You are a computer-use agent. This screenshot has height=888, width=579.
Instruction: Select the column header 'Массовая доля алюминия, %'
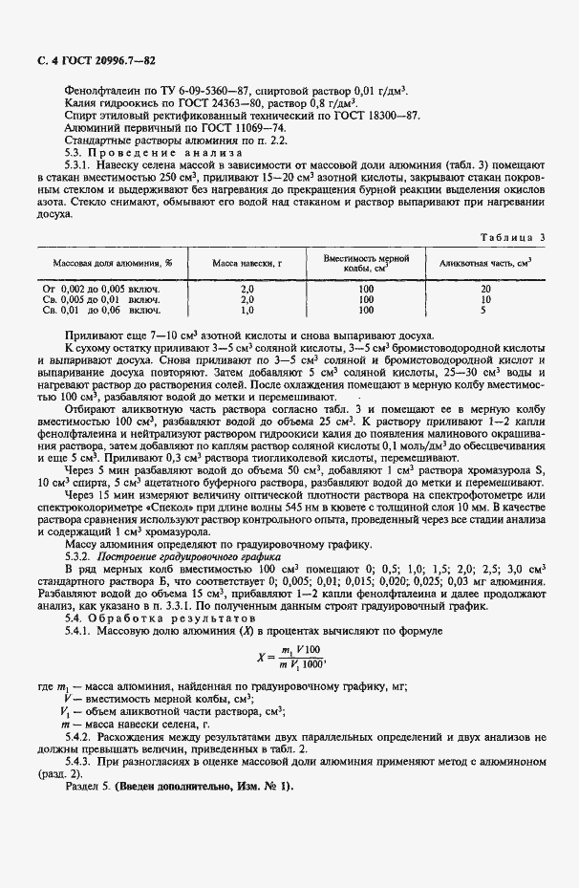tap(107, 262)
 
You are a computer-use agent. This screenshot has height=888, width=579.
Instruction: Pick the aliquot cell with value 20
tap(484, 288)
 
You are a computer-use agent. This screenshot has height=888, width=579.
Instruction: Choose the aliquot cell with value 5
tap(484, 310)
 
